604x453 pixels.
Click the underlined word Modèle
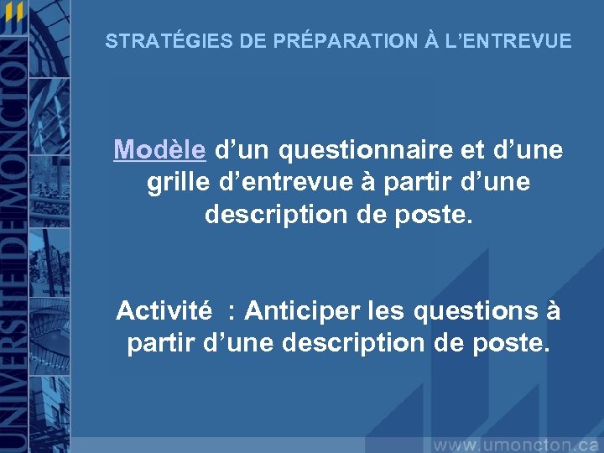click(x=159, y=150)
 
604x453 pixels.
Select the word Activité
click(x=164, y=310)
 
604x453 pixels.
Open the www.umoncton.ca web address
click(x=515, y=443)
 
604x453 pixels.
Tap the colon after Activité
click(x=232, y=312)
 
